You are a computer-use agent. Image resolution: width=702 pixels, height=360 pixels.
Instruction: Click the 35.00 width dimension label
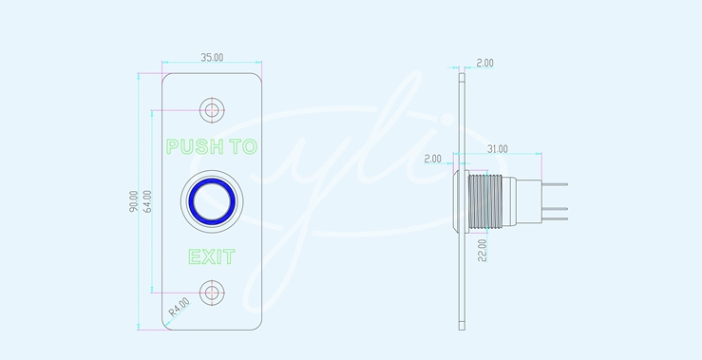212,57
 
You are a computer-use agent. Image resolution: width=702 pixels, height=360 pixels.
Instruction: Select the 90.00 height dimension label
133,201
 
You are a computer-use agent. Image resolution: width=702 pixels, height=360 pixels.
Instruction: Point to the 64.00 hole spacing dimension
147,201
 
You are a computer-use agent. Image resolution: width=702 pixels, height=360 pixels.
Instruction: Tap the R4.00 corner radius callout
179,307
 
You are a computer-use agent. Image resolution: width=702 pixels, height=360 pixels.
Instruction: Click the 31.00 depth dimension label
497,149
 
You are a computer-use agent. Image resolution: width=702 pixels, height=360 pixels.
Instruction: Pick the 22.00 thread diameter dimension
482,251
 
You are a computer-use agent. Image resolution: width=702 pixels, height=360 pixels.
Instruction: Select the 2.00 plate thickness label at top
484,63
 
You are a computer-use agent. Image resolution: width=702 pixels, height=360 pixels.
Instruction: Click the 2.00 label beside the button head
432,159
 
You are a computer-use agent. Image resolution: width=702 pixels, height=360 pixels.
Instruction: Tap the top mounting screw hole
212,109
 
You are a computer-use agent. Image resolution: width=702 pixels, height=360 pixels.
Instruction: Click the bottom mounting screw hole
212,293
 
